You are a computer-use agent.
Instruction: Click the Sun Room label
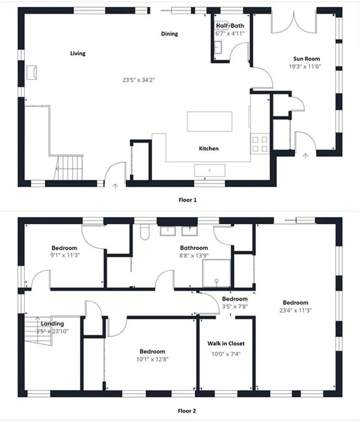pos(306,59)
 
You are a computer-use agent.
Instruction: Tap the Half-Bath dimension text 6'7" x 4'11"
pos(230,33)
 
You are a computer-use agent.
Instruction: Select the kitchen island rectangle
pos(209,122)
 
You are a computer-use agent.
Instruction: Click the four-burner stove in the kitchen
pos(259,144)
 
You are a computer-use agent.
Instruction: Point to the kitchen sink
pos(209,170)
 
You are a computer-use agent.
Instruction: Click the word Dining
pos(169,34)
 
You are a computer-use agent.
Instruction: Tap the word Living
pos(78,53)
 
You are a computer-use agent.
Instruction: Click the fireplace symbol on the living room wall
pos(31,73)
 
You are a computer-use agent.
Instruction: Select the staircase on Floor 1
pos(69,167)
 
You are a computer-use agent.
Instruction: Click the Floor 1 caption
pos(187,200)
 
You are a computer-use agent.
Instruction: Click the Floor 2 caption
pos(187,411)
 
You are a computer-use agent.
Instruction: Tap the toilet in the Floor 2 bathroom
pos(145,232)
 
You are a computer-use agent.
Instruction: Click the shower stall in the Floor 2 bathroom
pos(216,273)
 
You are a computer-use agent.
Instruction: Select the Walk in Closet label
pos(226,343)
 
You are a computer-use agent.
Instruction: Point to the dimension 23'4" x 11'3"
pos(295,310)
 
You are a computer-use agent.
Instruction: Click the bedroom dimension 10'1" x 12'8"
pos(152,359)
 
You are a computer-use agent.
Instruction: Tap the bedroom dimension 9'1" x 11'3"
pos(65,255)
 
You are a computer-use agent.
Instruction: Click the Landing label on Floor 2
pos(52,324)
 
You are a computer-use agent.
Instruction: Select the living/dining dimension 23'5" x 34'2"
pos(139,80)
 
